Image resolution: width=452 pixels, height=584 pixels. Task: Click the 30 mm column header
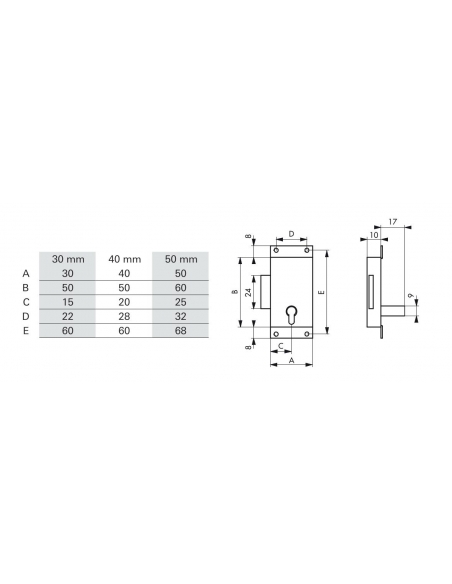click(68, 259)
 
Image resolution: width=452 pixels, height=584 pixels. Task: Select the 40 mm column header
click(124, 259)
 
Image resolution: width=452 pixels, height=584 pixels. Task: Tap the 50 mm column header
click(181, 259)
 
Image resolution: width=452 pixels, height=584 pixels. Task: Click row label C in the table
click(26, 302)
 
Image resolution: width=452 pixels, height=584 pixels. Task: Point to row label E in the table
click(26, 331)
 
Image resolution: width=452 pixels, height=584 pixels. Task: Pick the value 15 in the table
click(68, 302)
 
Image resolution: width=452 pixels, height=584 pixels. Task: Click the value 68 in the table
click(181, 331)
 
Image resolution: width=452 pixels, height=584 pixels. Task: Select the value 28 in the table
click(124, 317)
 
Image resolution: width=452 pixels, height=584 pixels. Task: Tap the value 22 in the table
click(68, 317)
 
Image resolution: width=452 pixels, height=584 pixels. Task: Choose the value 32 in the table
click(181, 317)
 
